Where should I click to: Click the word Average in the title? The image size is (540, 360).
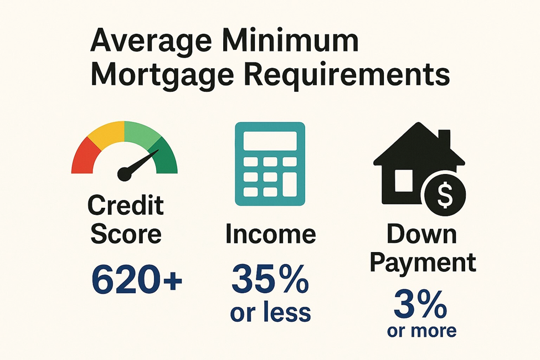pyautogui.click(x=151, y=41)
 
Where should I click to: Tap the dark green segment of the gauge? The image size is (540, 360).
pyautogui.click(x=164, y=157)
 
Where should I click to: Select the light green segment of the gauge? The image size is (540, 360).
pyautogui.click(x=141, y=133)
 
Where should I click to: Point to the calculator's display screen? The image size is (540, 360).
pyautogui.click(x=270, y=141)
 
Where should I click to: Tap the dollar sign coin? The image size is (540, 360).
pyautogui.click(x=445, y=194)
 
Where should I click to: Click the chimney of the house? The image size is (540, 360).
pyautogui.click(x=444, y=138)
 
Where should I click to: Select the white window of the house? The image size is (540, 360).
pyautogui.click(x=404, y=181)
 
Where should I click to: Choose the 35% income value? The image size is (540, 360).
pyautogui.click(x=270, y=279)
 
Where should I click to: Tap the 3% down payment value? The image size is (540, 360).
pyautogui.click(x=420, y=305)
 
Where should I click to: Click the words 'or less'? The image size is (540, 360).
pyautogui.click(x=270, y=312)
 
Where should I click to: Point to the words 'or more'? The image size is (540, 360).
pyautogui.click(x=421, y=331)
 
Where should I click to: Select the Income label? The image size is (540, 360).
pyautogui.click(x=271, y=234)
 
